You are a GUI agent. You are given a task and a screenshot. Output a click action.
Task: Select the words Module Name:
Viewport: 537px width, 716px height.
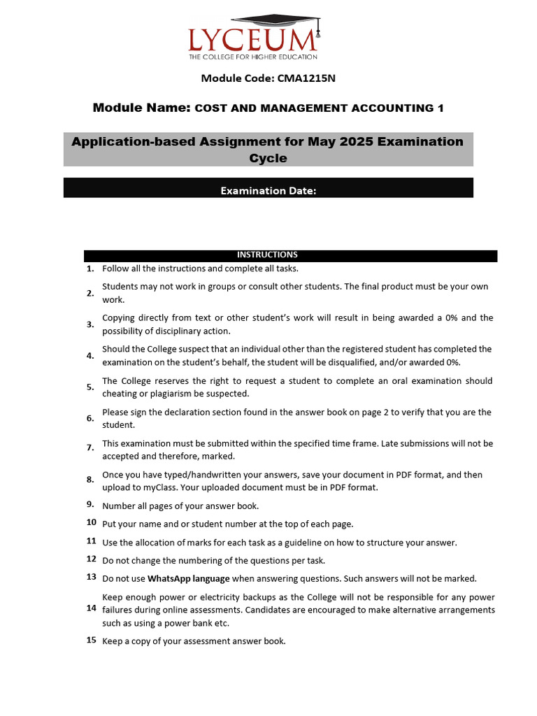click(x=141, y=108)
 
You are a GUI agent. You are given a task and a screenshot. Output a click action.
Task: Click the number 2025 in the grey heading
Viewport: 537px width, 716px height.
click(x=357, y=142)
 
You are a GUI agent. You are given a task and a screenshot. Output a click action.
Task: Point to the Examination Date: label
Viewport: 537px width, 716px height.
click(x=268, y=190)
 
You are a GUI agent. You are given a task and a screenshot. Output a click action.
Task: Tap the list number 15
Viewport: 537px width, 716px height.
click(x=91, y=640)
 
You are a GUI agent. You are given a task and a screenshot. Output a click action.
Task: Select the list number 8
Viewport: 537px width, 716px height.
click(x=90, y=480)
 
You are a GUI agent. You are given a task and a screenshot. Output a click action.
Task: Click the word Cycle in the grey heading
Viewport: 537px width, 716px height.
click(x=268, y=159)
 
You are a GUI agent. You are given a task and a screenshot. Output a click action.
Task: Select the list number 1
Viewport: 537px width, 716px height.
click(x=90, y=268)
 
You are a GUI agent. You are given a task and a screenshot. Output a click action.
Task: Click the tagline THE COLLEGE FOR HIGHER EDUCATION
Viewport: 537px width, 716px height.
click(x=253, y=57)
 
